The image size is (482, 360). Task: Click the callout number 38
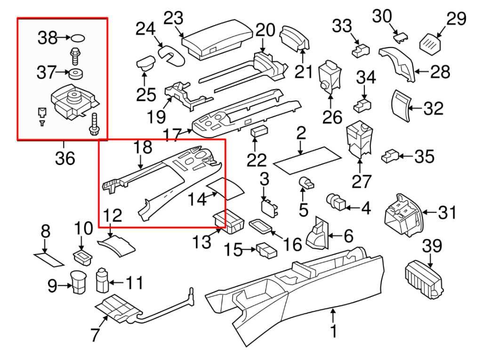click(x=48, y=37)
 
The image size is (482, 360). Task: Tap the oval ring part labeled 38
click(x=79, y=38)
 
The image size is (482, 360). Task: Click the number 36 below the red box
click(x=65, y=158)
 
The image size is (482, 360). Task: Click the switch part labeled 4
click(x=337, y=203)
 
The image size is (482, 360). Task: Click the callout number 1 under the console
click(x=333, y=332)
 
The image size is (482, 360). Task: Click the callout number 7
click(x=96, y=335)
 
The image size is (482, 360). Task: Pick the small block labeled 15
click(x=266, y=250)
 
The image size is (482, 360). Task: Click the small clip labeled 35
click(x=392, y=156)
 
